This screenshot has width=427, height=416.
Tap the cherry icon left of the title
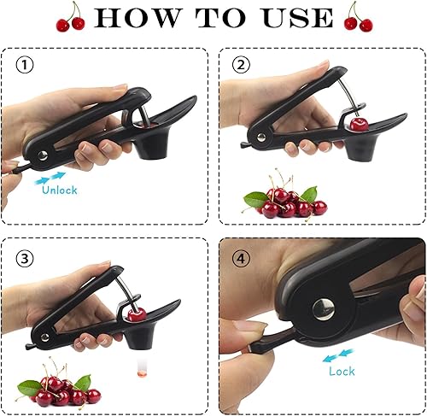pyautogui.click(x=71, y=18)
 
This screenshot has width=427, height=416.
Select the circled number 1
pyautogui.click(x=24, y=65)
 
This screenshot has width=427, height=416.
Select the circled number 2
pyautogui.click(x=241, y=65)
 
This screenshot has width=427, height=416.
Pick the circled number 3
pyautogui.click(x=24, y=259)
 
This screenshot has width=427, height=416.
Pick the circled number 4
pyautogui.click(x=241, y=259)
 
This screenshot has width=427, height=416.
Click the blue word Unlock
pyautogui.click(x=60, y=190)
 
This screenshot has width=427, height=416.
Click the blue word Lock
pyautogui.click(x=342, y=371)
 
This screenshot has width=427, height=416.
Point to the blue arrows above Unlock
pyautogui.click(x=50, y=179)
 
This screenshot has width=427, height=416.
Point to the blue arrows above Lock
pyautogui.click(x=338, y=356)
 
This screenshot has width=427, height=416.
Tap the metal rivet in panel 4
pyautogui.click(x=324, y=309)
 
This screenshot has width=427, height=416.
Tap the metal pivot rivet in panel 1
pyautogui.click(x=43, y=155)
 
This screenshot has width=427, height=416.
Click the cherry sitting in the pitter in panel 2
pyautogui.click(x=360, y=125)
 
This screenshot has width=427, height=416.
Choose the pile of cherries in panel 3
pyautogui.click(x=59, y=384)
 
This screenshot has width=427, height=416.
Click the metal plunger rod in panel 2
pyautogui.click(x=348, y=95)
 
